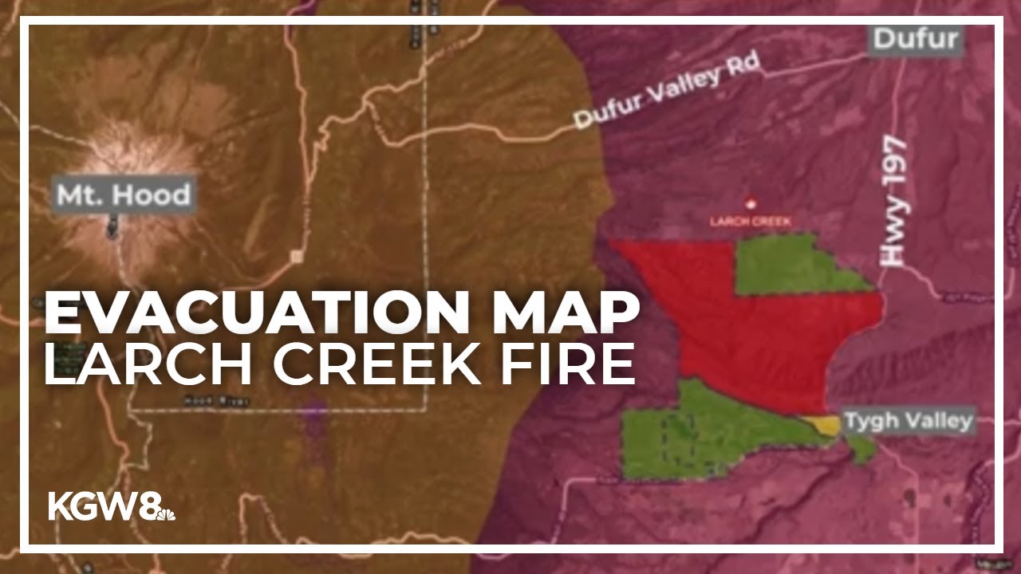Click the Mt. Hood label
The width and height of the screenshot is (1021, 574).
[x=124, y=195]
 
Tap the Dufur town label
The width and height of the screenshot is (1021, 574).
[x=917, y=38]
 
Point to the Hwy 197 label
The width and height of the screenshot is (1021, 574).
[x=893, y=200]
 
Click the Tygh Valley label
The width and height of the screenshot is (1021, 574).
[x=909, y=420]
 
